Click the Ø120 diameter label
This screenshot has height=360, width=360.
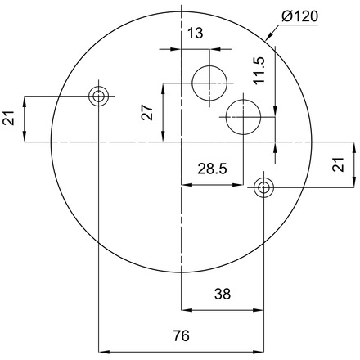click(300, 16)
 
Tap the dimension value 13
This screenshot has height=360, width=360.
click(196, 34)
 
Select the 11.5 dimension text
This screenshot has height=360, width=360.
click(259, 70)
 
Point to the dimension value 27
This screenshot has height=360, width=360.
click(147, 112)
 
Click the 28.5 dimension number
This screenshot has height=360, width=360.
click(212, 169)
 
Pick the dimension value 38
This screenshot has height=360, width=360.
click(223, 294)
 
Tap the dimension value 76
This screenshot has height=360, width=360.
click(181, 335)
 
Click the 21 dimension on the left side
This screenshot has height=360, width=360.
click(9, 118)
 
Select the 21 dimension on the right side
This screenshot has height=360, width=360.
click(338, 164)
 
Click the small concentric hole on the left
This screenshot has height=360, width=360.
click(98, 97)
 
